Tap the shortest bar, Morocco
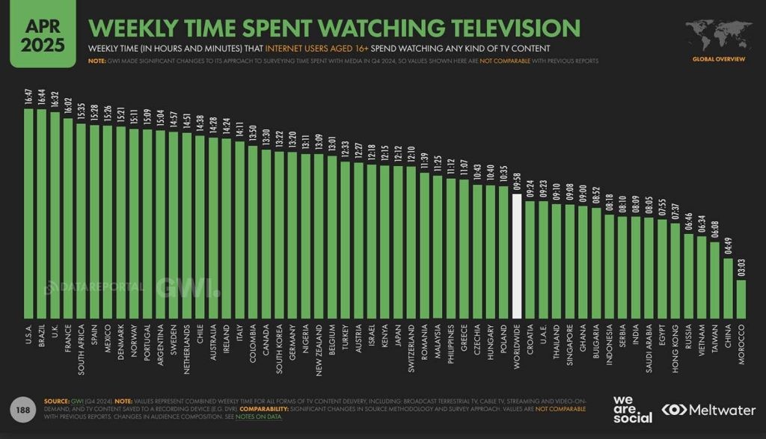(x=741, y=299)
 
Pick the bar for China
(x=727, y=288)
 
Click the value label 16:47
(x=28, y=97)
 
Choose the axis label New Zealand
(x=319, y=347)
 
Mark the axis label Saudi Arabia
(x=648, y=347)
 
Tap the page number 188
(x=23, y=409)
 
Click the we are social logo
(x=631, y=409)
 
